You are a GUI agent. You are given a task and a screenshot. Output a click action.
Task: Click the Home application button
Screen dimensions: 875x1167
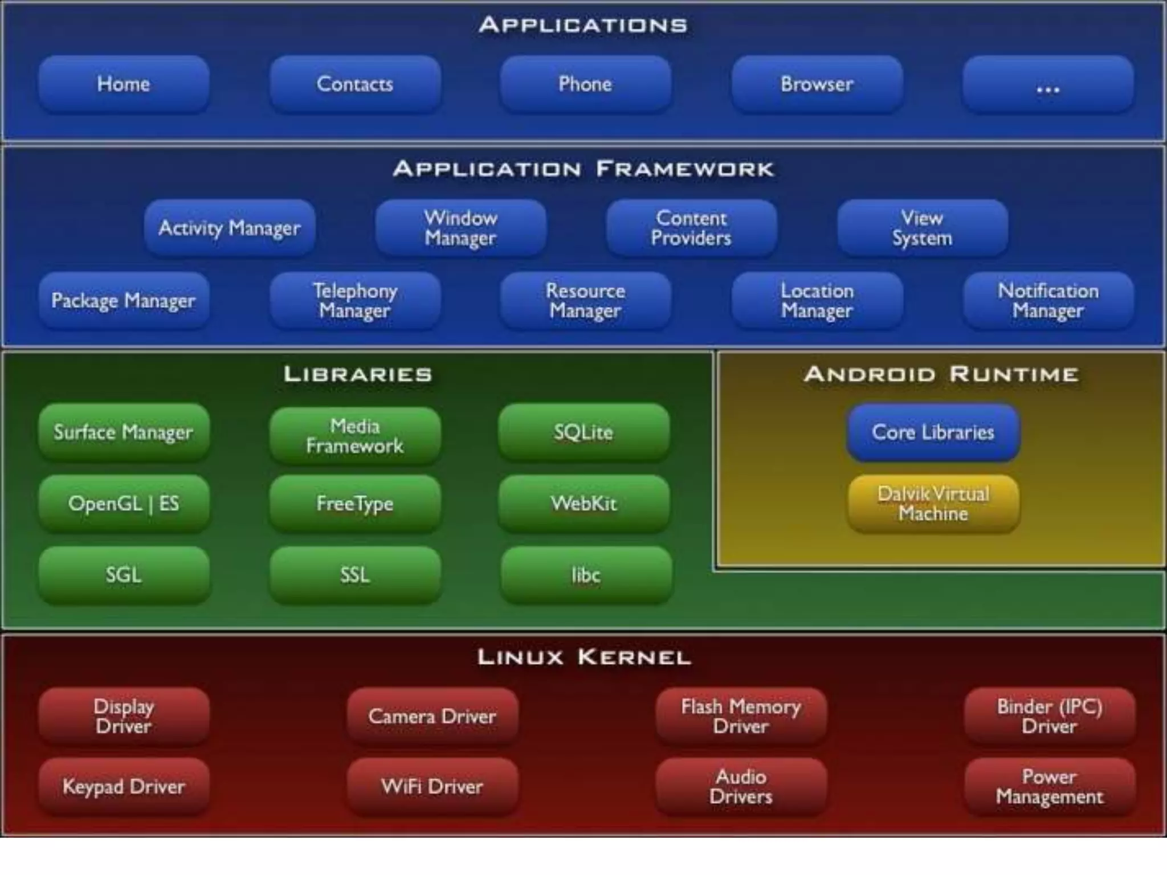[x=124, y=84]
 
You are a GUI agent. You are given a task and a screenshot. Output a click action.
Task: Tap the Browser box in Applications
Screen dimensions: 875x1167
[x=817, y=84]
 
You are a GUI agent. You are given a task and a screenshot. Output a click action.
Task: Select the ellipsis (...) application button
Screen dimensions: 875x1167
[x=1048, y=84]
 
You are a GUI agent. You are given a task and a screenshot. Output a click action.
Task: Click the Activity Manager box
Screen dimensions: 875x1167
[x=229, y=228]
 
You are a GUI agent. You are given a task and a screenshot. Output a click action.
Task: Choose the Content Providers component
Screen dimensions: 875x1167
[x=691, y=228]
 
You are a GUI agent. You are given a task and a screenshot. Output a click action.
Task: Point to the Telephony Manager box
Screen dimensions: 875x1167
[x=354, y=300]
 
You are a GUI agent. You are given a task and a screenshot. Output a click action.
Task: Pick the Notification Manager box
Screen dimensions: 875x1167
[x=1048, y=300]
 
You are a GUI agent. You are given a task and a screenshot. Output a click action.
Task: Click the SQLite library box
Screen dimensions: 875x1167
[x=583, y=432]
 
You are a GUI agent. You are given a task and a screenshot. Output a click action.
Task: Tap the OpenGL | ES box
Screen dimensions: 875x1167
[x=124, y=504]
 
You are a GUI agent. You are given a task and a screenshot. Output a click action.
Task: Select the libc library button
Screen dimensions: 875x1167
[x=586, y=575]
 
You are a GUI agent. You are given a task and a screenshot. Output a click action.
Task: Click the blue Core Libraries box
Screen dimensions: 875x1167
[x=933, y=432]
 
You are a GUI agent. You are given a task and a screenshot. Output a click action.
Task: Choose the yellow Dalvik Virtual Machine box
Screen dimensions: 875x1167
[x=933, y=504]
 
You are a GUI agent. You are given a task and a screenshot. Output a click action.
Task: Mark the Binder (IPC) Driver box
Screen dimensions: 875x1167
[x=1049, y=716]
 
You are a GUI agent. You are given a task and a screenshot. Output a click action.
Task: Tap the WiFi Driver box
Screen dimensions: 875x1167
[x=432, y=787]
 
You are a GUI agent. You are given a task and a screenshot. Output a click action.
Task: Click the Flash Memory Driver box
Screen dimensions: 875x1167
[x=741, y=716]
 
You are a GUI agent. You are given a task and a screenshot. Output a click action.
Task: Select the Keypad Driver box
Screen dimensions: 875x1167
[x=124, y=787]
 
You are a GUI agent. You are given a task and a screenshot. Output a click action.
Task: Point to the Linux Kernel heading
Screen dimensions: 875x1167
[x=584, y=657]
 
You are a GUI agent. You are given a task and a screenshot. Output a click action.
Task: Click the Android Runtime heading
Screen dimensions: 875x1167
[x=941, y=374]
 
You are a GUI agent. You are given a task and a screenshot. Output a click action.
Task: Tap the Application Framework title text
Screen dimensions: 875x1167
[x=583, y=169]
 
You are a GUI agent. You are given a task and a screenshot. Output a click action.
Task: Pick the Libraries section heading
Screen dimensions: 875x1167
[x=358, y=374]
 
